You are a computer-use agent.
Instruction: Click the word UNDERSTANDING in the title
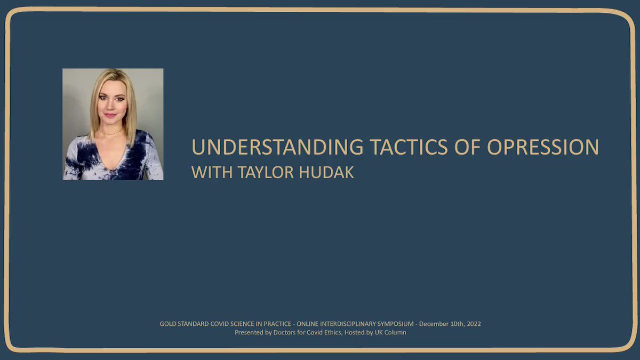click(277, 147)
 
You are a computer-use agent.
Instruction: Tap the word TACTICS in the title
click(409, 147)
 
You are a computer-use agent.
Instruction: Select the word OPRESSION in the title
click(543, 147)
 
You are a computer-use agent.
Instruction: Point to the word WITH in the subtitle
click(212, 172)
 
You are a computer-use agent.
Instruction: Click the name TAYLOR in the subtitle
click(266, 172)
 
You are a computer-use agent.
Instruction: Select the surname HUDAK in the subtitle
click(326, 172)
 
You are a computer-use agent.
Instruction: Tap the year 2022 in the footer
click(474, 324)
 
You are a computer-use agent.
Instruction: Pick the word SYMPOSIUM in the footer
click(395, 324)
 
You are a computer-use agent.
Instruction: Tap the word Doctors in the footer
click(283, 332)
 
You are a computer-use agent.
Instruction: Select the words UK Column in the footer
click(390, 332)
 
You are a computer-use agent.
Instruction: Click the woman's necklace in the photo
click(111, 133)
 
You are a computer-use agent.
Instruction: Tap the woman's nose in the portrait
click(111, 106)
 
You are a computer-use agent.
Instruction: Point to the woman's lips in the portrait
click(110, 115)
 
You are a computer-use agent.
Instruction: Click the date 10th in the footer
click(458, 324)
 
